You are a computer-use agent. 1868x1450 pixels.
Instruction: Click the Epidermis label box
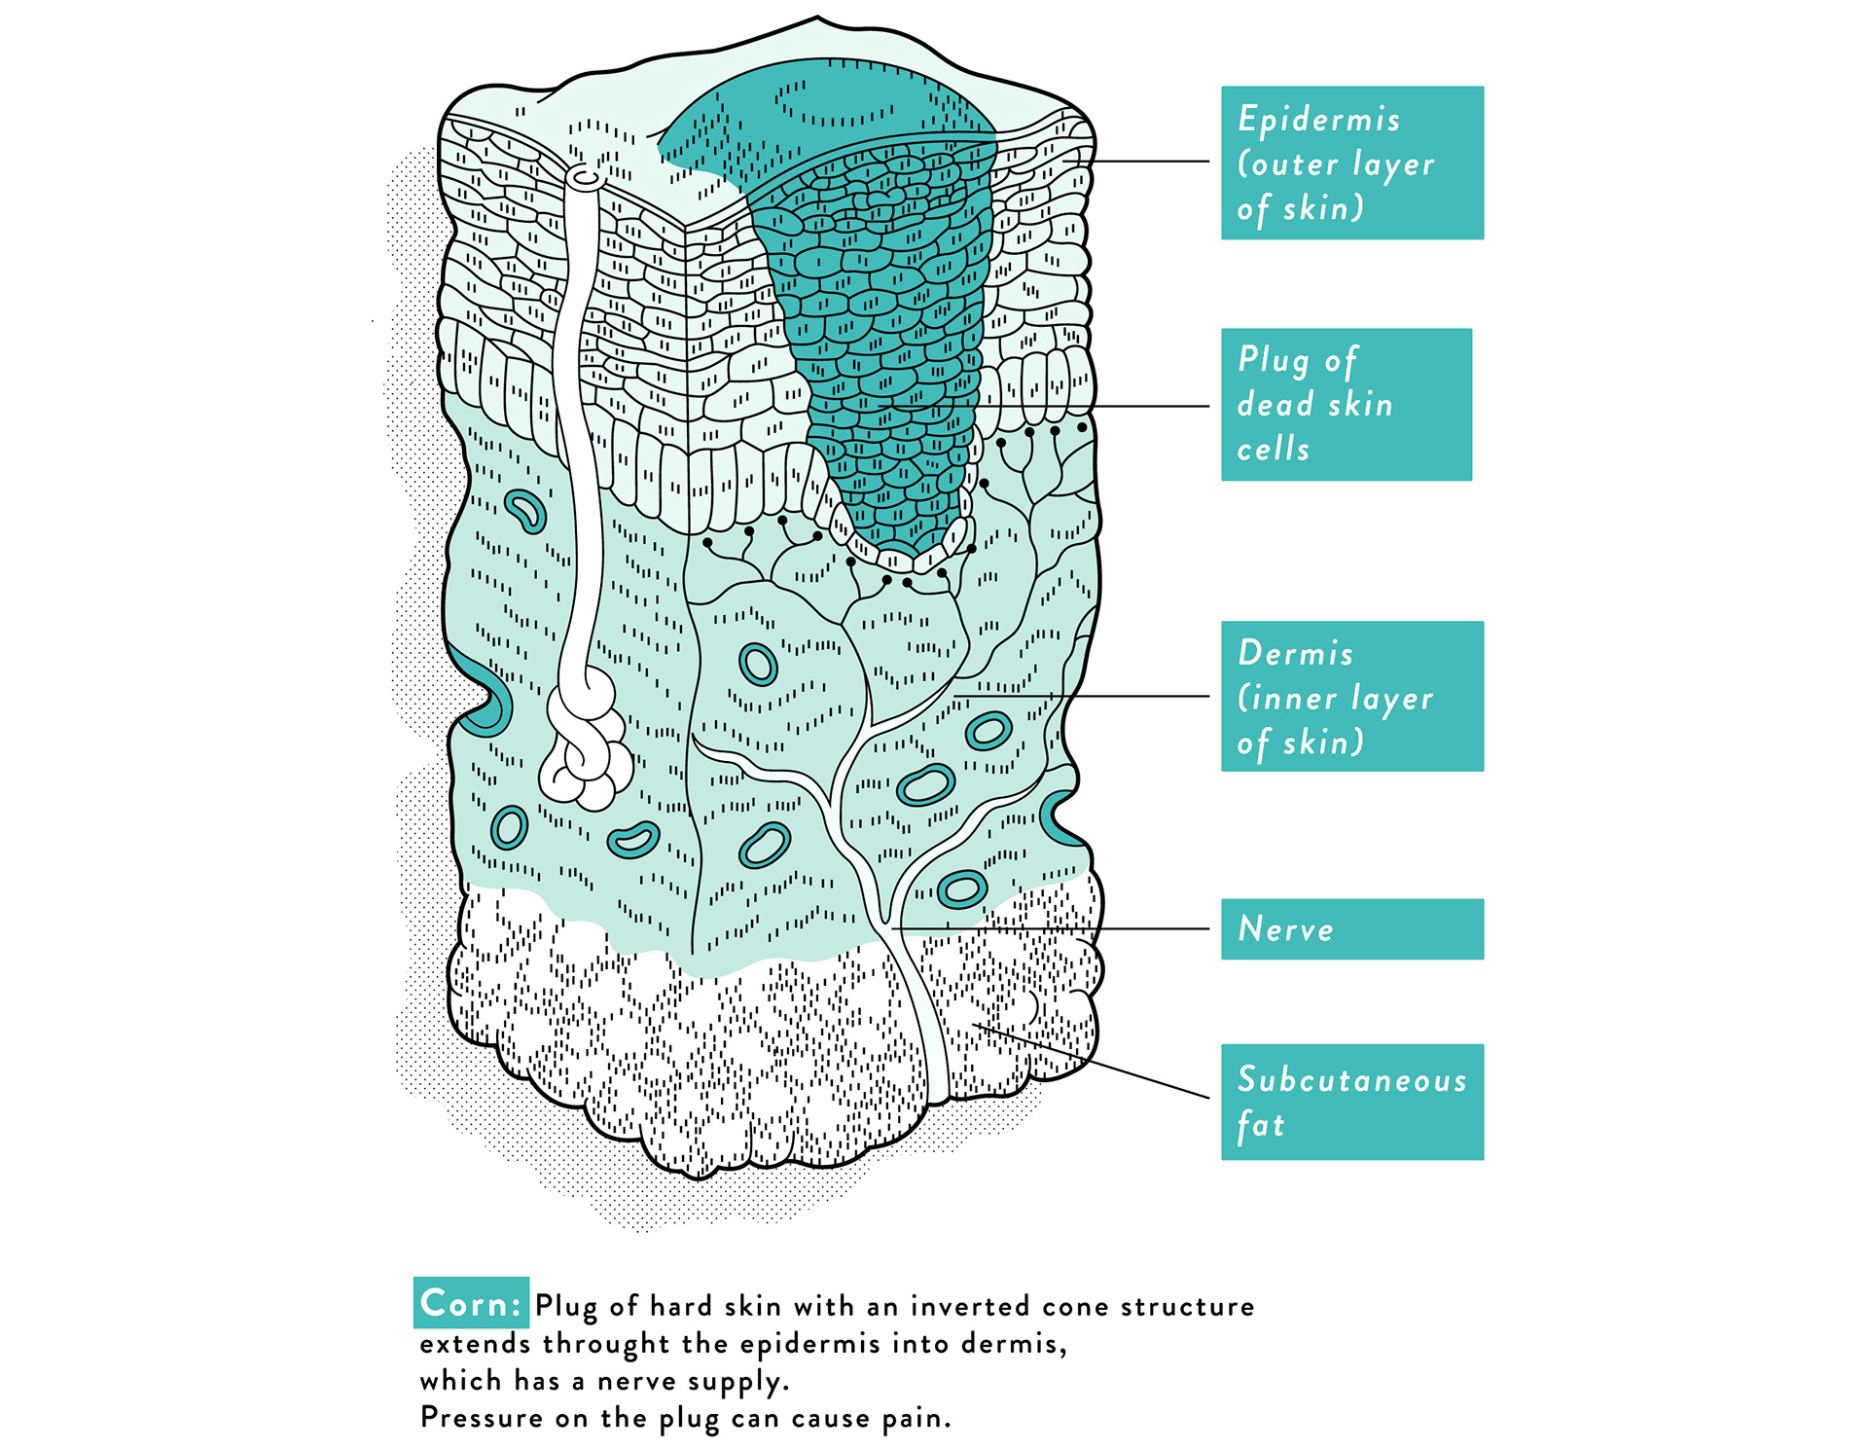pos(1351,163)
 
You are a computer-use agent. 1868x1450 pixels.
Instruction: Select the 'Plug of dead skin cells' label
pos(1346,404)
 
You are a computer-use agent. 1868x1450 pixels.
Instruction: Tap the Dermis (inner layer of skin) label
pos(1351,696)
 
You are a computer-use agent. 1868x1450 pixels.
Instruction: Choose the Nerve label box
pos(1351,928)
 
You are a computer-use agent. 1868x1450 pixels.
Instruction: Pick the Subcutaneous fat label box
pos(1351,1102)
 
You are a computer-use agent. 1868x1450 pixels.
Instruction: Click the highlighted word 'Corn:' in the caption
pos(471,1303)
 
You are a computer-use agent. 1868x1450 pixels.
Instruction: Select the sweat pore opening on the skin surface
pos(586,178)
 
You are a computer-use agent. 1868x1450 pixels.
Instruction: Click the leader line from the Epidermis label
pos(1148,162)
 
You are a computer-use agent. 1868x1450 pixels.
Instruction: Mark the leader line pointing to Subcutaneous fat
pos(1099,1064)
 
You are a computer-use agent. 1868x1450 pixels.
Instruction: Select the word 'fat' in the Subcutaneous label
pos(1261,1125)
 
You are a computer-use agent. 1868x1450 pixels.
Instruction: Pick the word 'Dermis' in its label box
pos(1295,653)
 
